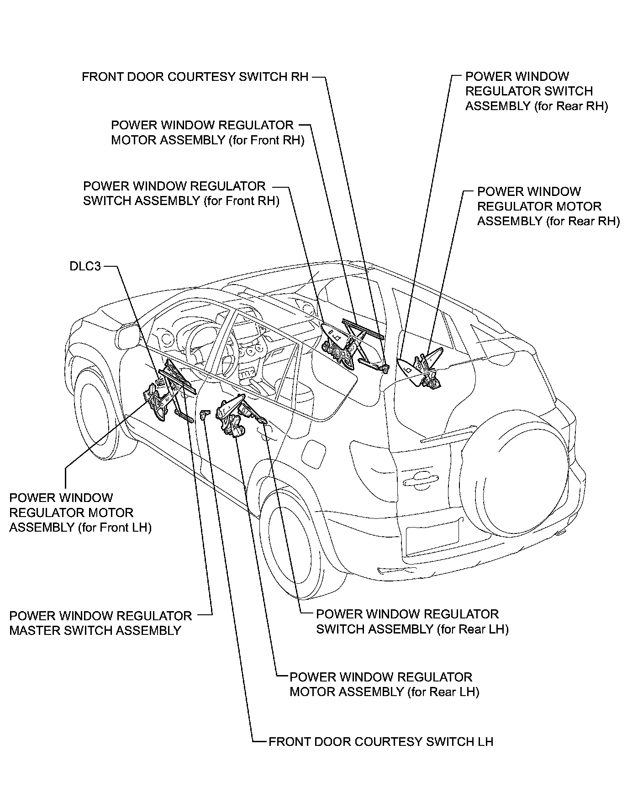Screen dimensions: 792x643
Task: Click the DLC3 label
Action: tap(85, 266)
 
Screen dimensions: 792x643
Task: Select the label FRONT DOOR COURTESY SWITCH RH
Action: tap(195, 76)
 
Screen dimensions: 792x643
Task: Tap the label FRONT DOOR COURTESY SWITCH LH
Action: tap(381, 741)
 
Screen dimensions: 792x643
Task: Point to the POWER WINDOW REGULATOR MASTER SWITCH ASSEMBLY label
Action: tap(100, 623)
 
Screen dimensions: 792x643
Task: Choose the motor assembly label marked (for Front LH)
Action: tap(80, 512)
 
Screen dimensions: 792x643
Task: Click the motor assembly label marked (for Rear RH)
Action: tap(548, 206)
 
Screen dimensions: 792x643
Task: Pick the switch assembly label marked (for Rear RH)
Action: tap(536, 91)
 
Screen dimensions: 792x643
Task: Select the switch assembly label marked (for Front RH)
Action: tap(181, 193)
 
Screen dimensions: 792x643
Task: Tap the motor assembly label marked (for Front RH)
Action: tap(208, 132)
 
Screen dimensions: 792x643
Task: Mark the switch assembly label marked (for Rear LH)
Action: tap(412, 621)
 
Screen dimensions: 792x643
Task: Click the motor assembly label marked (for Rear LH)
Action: tap(384, 684)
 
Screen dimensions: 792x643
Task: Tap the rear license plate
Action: tap(432, 538)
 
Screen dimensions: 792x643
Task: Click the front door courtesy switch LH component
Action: tap(205, 415)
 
